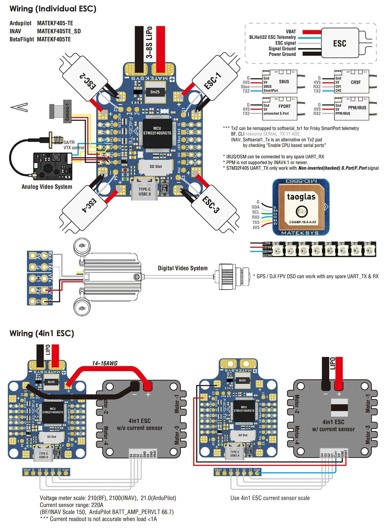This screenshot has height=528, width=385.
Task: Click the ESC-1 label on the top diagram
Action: (x=213, y=81)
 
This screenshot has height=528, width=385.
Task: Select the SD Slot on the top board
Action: (x=156, y=167)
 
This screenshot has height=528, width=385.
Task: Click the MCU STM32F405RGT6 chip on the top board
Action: (x=157, y=131)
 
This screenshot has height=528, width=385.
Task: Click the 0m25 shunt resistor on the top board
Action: (x=155, y=92)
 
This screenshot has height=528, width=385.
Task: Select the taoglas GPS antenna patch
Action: (x=301, y=207)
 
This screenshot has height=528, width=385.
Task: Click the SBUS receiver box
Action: (x=280, y=82)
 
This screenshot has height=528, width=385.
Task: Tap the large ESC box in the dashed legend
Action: (x=340, y=43)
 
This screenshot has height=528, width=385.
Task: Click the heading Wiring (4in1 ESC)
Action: (x=42, y=333)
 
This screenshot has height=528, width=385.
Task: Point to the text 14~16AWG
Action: (x=105, y=363)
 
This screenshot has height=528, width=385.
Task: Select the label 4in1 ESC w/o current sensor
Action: (x=139, y=424)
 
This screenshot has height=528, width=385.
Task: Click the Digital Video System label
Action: (x=182, y=268)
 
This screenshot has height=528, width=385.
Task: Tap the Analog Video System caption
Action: (x=47, y=187)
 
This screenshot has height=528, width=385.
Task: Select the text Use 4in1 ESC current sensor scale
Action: (x=270, y=498)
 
